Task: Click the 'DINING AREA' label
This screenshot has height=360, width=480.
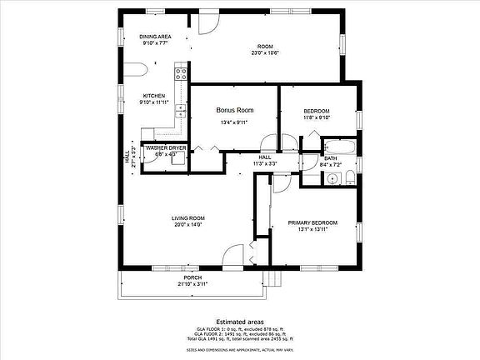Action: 154,37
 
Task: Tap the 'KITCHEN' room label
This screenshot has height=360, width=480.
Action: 154,96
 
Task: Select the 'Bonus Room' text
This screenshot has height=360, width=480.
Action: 234,110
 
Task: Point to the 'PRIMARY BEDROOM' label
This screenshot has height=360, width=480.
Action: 312,222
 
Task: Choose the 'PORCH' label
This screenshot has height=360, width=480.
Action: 192,277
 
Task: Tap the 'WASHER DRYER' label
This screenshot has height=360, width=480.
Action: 166,147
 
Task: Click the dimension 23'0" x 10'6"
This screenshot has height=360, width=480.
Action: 265,52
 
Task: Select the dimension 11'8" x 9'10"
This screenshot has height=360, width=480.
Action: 316,118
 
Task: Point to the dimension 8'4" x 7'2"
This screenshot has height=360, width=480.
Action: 330,165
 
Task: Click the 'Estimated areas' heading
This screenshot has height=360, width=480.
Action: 239,321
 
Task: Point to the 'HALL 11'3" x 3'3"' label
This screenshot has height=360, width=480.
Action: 264,160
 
